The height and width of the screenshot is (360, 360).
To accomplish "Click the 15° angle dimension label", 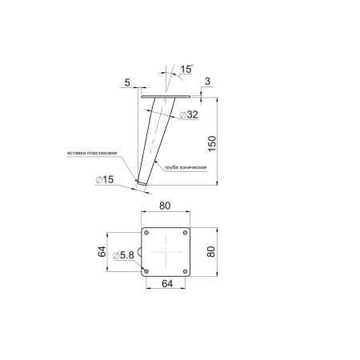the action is tap(186, 69).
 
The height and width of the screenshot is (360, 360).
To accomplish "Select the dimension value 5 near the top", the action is tap(127, 82).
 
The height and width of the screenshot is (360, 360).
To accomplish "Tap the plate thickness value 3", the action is tap(207, 81).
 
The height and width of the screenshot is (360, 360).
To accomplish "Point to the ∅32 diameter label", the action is tap(189, 114).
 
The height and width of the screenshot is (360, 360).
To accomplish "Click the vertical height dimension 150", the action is tap(212, 144).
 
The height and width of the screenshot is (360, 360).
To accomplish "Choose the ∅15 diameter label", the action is tap(105, 179).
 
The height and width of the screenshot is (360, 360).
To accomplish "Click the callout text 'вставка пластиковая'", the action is tap(92, 153).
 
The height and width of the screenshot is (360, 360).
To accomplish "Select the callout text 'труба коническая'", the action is tap(186, 167).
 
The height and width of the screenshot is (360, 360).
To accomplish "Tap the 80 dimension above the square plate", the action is tap(165, 206).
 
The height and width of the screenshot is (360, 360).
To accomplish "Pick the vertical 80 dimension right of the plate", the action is tap(211, 251).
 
